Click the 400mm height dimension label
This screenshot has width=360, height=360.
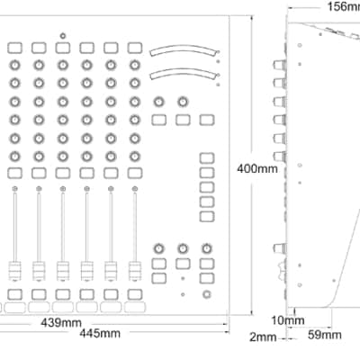point(257,168)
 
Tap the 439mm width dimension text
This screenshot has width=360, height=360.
point(61,323)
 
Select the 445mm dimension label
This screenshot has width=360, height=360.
point(100,333)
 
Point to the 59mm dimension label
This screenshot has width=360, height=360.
point(325,335)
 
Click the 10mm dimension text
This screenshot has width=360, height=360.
point(288,320)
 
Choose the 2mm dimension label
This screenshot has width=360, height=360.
point(263,337)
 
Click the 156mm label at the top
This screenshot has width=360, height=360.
point(343,6)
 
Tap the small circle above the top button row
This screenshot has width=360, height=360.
point(63,36)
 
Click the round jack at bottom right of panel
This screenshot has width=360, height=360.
point(206,294)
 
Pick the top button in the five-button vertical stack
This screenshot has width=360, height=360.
point(207,158)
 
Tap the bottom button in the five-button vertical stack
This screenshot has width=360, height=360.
point(207,216)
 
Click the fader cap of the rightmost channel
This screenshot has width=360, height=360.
point(135,271)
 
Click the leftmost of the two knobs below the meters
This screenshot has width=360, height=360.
point(159,102)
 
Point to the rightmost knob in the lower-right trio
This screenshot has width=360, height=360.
point(206,248)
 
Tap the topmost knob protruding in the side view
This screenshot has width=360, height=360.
point(279,65)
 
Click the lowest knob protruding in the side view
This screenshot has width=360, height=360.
point(279,248)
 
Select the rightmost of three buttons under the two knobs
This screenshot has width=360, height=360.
point(207,120)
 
